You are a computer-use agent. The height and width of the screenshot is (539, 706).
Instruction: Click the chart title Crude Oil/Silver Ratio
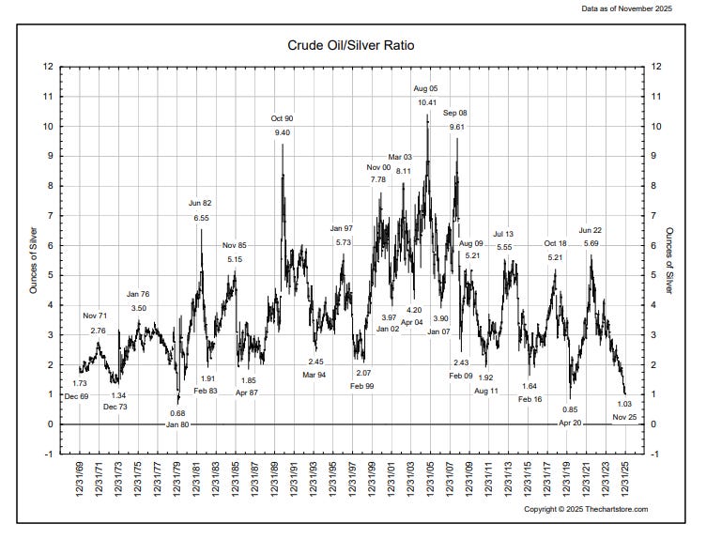(351, 45)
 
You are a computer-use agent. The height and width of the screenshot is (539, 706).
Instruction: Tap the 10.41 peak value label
(426, 102)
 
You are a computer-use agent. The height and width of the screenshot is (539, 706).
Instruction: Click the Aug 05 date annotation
(426, 88)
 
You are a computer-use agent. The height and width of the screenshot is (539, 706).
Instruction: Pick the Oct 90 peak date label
(282, 118)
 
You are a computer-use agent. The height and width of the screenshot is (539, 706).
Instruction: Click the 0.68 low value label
(177, 413)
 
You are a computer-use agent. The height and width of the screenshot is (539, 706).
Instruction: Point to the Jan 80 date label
(177, 425)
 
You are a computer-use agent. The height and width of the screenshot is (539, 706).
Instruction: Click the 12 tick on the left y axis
(47, 67)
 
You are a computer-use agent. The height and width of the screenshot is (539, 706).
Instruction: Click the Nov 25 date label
(624, 417)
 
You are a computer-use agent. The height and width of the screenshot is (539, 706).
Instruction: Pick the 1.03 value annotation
(624, 404)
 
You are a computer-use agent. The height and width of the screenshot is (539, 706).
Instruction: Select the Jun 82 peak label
(200, 204)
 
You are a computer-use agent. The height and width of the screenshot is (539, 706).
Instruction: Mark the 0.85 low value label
(570, 409)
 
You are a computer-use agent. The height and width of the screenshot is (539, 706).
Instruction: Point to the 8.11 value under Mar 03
(403, 171)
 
